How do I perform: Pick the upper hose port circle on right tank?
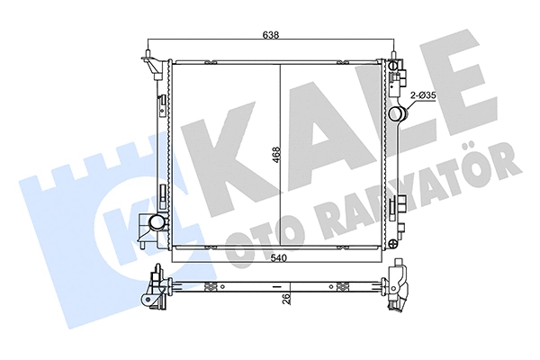pyautogui.click(x=399, y=114)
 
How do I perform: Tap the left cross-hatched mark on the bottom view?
pyautogui.click(x=211, y=288)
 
